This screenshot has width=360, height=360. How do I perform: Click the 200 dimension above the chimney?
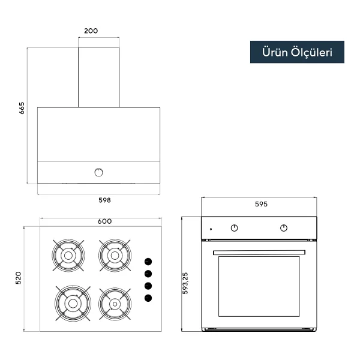pyautogui.click(x=91, y=31)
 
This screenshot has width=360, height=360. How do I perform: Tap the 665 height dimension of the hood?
pyautogui.click(x=22, y=108)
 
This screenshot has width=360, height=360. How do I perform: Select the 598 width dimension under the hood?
pyautogui.click(x=104, y=200)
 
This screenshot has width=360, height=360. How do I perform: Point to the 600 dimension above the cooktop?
pyautogui.click(x=104, y=221)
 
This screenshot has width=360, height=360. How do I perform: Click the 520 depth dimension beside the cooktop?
pyautogui.click(x=18, y=278)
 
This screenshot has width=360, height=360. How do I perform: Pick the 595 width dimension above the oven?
pyautogui.click(x=261, y=204)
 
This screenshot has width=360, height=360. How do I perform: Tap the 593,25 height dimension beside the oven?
pyautogui.click(x=185, y=283)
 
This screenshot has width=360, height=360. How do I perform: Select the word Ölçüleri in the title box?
pyautogui.click(x=311, y=53)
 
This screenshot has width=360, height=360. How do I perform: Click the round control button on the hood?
pyautogui.click(x=99, y=172)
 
